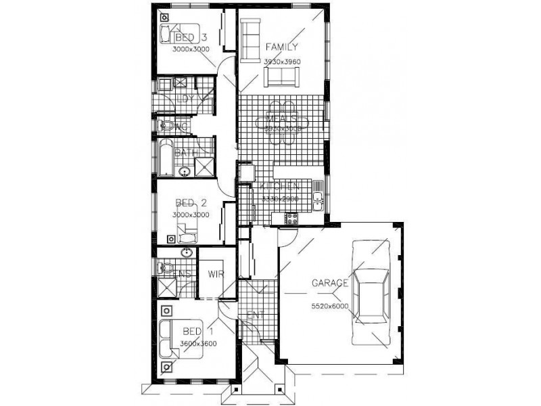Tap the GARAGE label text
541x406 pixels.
pyautogui.click(x=330, y=283)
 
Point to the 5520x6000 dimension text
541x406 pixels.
pyautogui.click(x=330, y=307)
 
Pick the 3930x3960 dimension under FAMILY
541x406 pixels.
pyautogui.click(x=283, y=62)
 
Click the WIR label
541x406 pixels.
pyautogui.click(x=216, y=274)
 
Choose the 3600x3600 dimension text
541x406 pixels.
pyautogui.click(x=199, y=344)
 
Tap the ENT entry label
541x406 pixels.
pyautogui.click(x=256, y=315)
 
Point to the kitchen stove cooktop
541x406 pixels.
pyautogui.click(x=292, y=219)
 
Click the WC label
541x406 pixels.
pyautogui.click(x=181, y=127)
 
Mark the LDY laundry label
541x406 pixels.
pyautogui.click(x=185, y=99)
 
